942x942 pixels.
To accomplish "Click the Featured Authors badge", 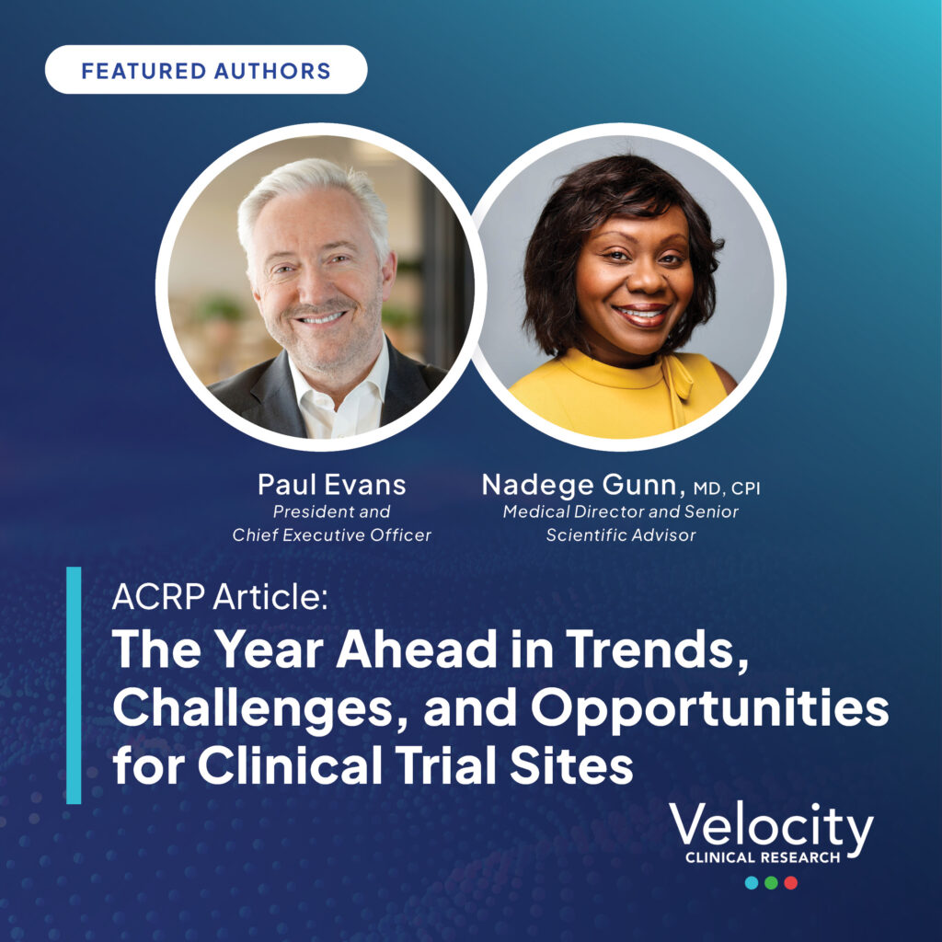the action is (x=206, y=70).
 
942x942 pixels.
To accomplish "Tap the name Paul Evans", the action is (x=331, y=485).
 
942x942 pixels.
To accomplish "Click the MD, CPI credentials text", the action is (x=727, y=488).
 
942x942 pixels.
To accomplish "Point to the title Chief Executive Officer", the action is (x=331, y=534).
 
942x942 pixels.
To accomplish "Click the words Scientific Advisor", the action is (x=621, y=534).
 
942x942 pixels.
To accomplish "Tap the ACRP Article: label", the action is (x=220, y=596).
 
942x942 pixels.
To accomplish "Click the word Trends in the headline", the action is (x=658, y=650).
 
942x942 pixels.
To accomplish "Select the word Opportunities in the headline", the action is (x=709, y=708).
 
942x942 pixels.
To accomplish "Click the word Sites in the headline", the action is (x=571, y=764).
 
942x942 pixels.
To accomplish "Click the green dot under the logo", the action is (x=772, y=882).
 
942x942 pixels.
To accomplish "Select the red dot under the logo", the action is (x=790, y=882).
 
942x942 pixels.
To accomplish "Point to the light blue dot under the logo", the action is (x=752, y=882).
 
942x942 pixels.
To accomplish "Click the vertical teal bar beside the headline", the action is (x=74, y=684).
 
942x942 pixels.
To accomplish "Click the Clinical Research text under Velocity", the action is (x=763, y=857).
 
